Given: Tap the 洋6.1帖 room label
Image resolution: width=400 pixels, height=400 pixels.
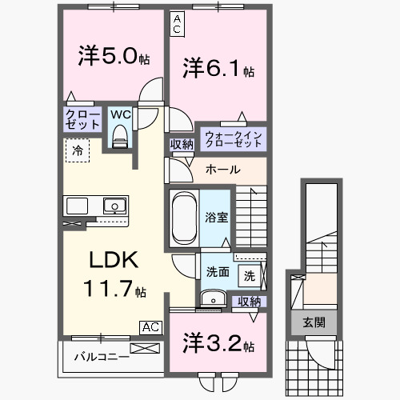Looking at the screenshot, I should (x=218, y=68).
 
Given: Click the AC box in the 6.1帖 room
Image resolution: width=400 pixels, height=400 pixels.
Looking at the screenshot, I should (x=177, y=23).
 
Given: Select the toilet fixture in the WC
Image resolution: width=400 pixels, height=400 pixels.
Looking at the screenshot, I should (x=120, y=137).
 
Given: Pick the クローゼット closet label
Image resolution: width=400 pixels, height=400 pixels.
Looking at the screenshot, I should (x=82, y=120).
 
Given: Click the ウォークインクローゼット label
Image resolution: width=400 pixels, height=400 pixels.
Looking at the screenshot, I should (x=231, y=137).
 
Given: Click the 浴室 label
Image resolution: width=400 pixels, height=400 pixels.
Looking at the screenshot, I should (x=215, y=216).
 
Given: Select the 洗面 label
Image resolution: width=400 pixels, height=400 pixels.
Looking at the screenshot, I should (x=218, y=270).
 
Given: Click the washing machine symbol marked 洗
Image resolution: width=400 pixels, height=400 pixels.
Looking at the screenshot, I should (x=250, y=276).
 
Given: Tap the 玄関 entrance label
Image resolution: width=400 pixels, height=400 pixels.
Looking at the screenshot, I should (x=314, y=322).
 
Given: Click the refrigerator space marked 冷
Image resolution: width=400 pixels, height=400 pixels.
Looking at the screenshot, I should (x=78, y=150).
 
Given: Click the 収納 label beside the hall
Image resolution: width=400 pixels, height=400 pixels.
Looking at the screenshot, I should (x=182, y=144).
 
